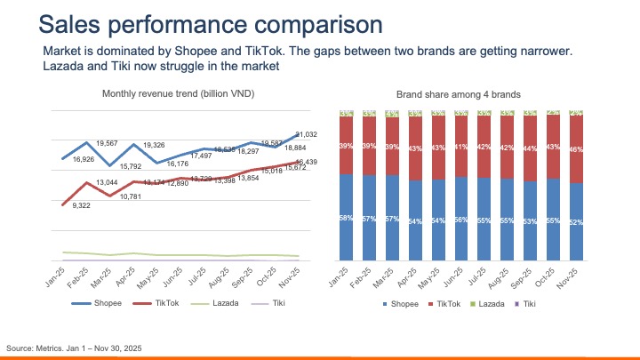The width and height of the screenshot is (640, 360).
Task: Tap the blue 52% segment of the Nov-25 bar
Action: point(575,221)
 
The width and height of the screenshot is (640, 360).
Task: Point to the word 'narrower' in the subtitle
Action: point(550,51)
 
